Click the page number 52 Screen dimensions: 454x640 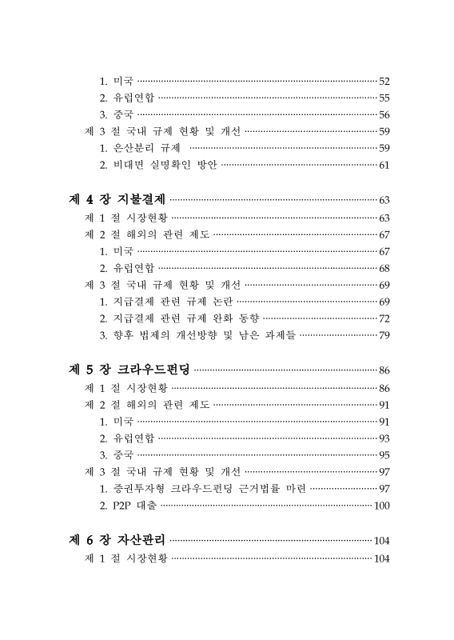384,82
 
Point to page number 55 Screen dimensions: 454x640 384,98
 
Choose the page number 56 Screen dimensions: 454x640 384,115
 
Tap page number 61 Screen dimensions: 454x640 384,166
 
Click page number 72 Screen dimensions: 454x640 384,318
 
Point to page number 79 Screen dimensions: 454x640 384,335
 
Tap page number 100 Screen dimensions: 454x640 381,506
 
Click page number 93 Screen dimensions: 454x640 384,438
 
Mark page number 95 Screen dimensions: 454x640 384,455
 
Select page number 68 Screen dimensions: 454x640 384,268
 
